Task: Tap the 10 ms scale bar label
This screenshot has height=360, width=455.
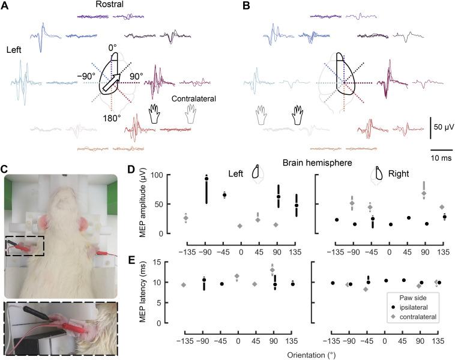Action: (x=441, y=158)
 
